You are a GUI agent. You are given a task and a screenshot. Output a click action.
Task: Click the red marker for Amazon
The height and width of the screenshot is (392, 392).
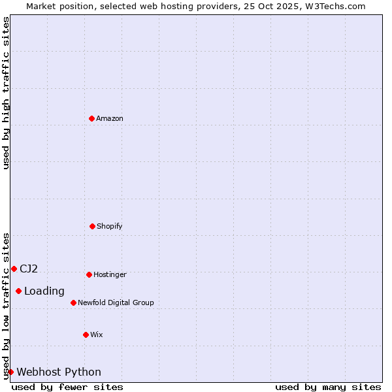point(91,118)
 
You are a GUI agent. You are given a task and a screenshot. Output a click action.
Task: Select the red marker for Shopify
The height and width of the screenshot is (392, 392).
point(92,226)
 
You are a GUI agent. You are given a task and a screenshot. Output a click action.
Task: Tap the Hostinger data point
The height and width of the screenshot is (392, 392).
point(89,274)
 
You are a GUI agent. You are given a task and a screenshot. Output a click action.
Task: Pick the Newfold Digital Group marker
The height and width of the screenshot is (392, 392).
point(73,302)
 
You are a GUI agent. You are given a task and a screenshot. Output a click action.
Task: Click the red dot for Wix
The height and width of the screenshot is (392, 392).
point(86,335)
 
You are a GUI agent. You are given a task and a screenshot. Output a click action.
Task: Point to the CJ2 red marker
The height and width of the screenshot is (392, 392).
point(14,269)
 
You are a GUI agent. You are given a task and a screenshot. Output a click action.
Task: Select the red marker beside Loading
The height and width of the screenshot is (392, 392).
point(18,291)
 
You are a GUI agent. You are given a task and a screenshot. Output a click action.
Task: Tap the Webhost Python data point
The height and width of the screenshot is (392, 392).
point(10,372)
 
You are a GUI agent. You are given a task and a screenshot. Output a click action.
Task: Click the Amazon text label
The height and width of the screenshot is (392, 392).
point(110,118)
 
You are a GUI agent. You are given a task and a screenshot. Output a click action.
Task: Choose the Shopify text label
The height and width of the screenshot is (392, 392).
point(110,226)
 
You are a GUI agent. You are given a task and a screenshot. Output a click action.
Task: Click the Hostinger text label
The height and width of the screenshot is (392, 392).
point(110,274)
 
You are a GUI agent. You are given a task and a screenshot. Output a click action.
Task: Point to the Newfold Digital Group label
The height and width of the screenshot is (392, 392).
point(116,302)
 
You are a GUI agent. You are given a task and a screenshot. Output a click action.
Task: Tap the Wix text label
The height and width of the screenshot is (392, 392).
point(97,335)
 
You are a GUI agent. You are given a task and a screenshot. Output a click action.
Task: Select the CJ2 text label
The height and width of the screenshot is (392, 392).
point(29,269)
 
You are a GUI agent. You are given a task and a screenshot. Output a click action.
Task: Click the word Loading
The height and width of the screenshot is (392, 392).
point(44,291)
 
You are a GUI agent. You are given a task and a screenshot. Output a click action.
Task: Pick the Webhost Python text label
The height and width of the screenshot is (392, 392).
point(59,372)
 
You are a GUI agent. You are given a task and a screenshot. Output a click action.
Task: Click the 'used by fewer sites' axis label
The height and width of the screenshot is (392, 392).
point(67,387)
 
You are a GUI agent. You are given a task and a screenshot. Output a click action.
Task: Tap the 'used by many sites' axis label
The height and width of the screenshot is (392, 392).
point(328,387)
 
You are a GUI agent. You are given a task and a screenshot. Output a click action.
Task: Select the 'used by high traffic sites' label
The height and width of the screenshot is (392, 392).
point(6,93)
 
